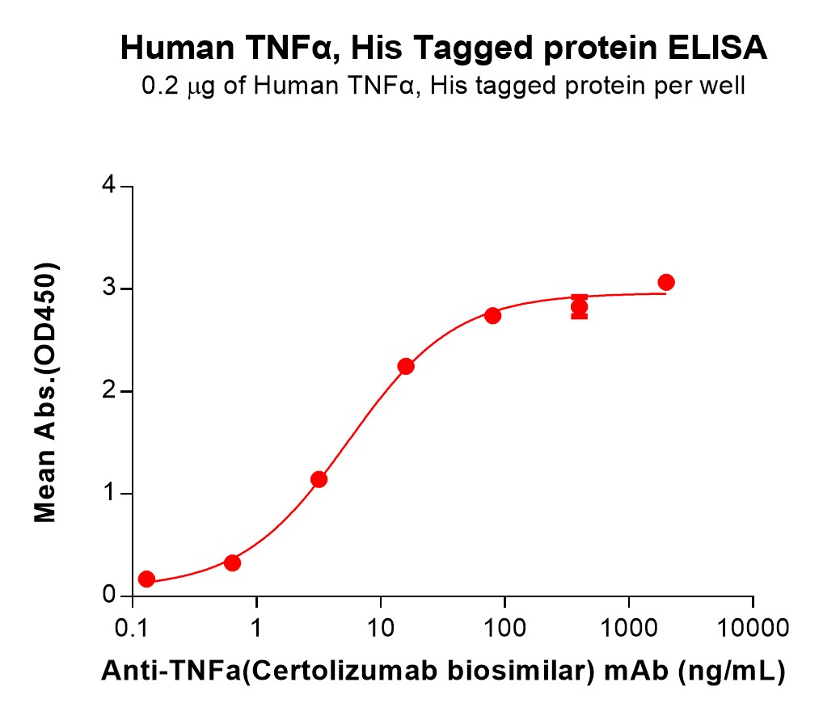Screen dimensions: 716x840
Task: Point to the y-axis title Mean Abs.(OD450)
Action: click(x=45, y=391)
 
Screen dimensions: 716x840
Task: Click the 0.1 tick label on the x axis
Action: click(x=132, y=627)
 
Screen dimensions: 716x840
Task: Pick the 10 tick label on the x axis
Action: click(x=381, y=627)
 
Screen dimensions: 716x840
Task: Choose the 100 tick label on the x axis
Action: click(x=504, y=627)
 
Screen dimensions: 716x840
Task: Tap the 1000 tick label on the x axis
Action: click(x=629, y=627)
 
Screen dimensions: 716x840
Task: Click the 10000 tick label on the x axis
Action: click(x=753, y=627)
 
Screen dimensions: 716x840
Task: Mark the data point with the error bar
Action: click(x=579, y=307)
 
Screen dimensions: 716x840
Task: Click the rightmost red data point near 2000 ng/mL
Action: click(x=666, y=282)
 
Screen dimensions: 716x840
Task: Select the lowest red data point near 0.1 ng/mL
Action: click(x=146, y=579)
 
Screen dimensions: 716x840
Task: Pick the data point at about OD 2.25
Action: click(x=406, y=366)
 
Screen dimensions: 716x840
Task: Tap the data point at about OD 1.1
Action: click(x=319, y=479)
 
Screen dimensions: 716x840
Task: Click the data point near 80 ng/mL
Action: click(x=492, y=315)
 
